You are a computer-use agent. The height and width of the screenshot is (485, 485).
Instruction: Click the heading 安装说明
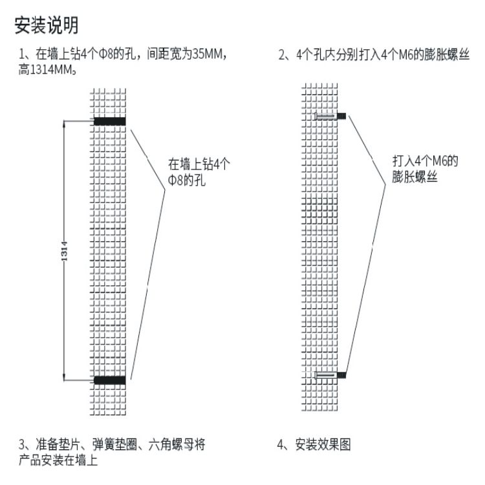tap(46, 25)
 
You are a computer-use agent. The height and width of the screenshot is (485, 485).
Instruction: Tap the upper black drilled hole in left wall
tap(109, 121)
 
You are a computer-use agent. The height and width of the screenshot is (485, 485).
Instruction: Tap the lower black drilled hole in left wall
tap(109, 380)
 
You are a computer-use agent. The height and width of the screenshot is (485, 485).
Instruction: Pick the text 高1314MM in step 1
tap(48, 69)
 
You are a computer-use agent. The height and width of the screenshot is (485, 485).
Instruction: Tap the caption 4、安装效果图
tap(314, 445)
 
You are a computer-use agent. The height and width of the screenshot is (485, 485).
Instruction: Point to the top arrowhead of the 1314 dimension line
tap(64, 123)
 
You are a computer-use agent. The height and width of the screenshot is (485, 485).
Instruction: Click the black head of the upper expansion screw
tap(342, 116)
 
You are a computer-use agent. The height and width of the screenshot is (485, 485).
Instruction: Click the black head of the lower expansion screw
tap(342, 374)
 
